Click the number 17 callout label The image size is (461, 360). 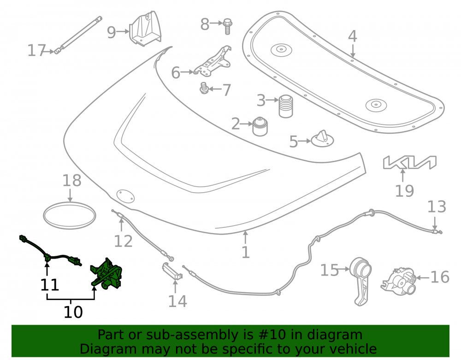coord(37,51)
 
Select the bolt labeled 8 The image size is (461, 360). coord(227,26)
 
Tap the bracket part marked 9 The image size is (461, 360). coord(145,29)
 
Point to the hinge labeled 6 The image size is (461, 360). coord(212,62)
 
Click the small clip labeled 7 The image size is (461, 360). coord(204,88)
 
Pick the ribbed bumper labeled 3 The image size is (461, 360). coord(285,106)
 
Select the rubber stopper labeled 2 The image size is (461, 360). coord(260,126)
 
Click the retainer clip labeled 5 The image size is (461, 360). coord(322,139)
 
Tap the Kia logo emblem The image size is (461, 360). coord(409,163)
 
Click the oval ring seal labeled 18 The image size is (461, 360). coord(70,216)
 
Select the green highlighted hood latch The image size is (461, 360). coord(106,273)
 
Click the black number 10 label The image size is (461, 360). coord(73,312)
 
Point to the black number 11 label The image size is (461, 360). coord(50,284)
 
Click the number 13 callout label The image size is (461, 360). coord(437,207)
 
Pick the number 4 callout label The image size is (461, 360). coord(353,36)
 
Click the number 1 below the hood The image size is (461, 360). coord(246,252)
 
